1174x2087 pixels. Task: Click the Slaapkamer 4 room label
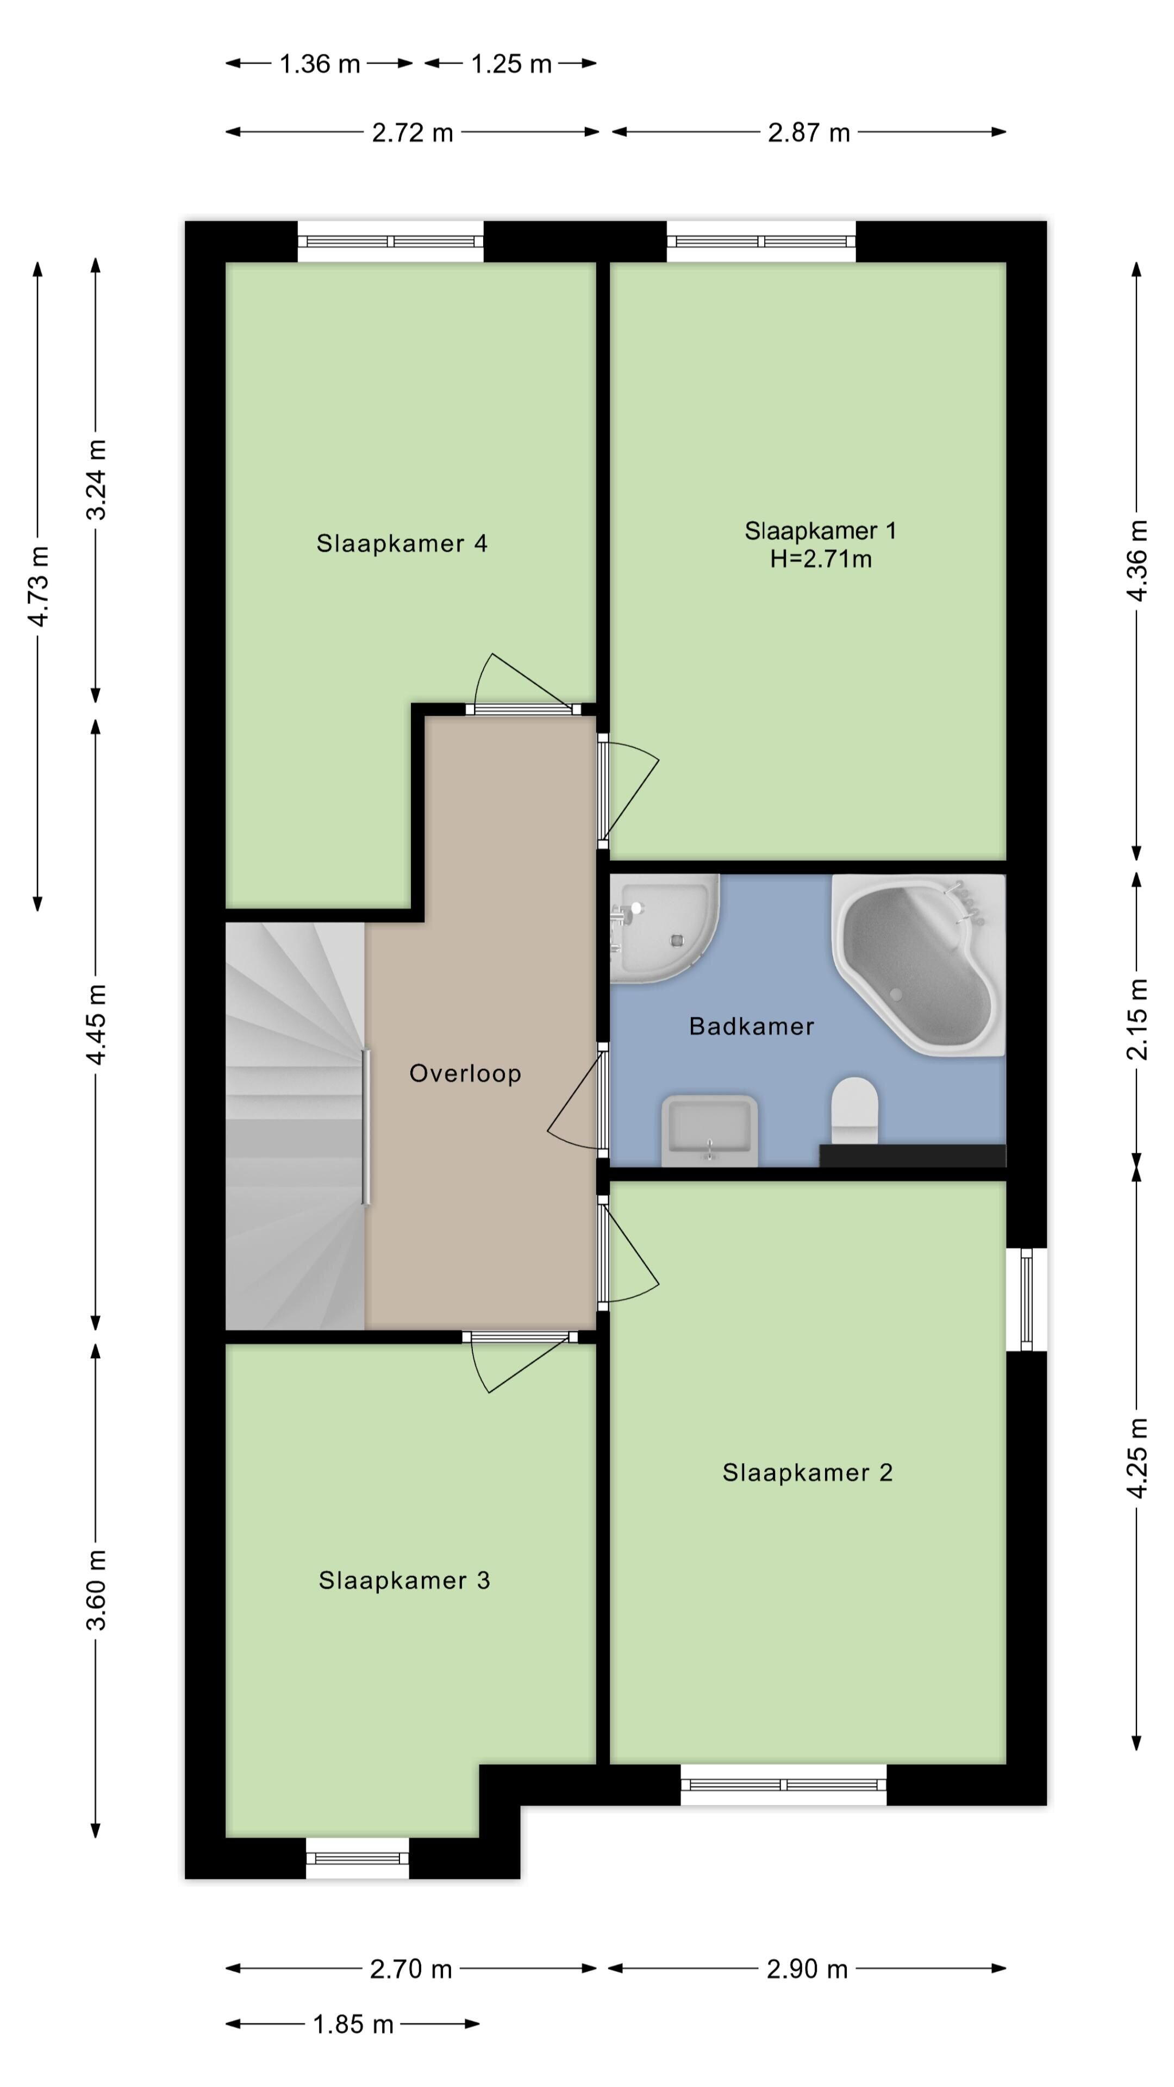(402, 543)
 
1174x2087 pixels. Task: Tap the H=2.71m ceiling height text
(821, 559)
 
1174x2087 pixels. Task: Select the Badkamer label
(751, 1027)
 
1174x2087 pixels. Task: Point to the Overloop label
(465, 1073)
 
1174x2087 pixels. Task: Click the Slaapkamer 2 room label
(808, 1472)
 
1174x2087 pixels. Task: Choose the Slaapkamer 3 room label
(404, 1580)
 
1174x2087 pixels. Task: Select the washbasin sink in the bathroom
(710, 1130)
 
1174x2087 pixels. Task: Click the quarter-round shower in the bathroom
(664, 928)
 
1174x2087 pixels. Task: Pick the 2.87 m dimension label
(809, 133)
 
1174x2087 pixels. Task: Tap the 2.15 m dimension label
(1138, 1019)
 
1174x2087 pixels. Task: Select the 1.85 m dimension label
(353, 2024)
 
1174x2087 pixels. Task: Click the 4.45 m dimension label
(96, 1025)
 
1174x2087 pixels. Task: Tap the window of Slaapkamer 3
(357, 1859)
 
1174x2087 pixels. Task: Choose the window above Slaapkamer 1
(761, 241)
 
